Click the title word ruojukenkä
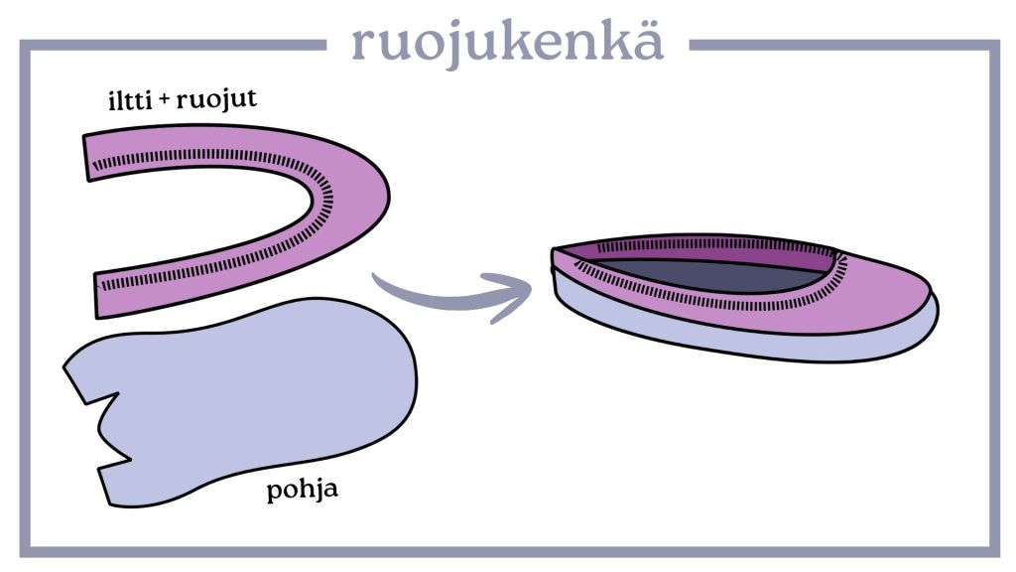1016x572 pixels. coord(507,41)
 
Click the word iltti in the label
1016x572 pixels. coord(128,101)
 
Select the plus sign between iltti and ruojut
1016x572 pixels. coord(164,101)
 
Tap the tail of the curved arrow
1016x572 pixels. coord(382,283)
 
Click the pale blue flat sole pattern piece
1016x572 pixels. coord(248,397)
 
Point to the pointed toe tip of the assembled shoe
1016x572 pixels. coord(556,254)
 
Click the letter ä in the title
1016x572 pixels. coord(645,41)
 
